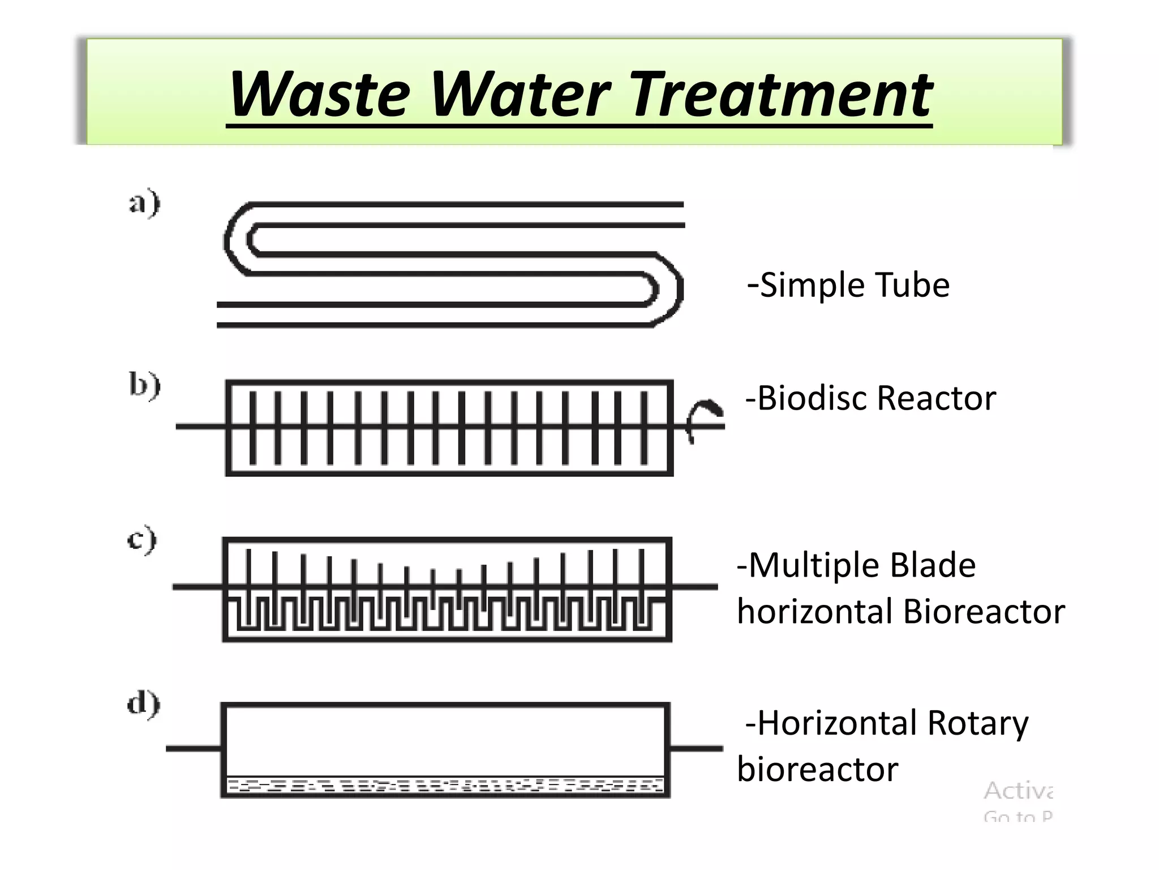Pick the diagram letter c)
142,539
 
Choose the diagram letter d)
144,705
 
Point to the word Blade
933,565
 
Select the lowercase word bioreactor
818,770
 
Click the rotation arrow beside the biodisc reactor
702,419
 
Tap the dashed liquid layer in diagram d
445,786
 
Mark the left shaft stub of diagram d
193,749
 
